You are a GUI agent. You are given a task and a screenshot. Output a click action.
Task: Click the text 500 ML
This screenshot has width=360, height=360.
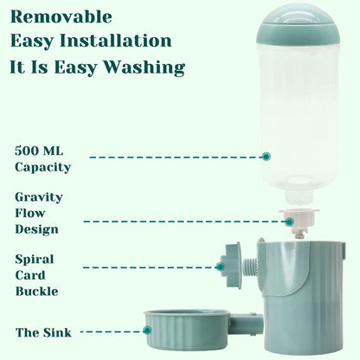click(39, 150)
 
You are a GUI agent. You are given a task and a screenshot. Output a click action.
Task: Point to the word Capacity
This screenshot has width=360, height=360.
click(42, 166)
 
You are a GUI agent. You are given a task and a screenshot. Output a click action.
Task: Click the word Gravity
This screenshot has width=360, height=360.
click(39, 196)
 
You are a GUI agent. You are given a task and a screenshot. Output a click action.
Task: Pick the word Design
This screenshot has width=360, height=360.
click(36, 229)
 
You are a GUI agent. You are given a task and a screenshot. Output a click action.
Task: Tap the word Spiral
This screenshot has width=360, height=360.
click(35, 259)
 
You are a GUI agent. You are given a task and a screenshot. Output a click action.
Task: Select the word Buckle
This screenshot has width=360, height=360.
click(37, 291)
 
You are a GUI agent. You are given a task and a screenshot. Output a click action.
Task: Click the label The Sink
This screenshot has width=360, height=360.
click(43, 332)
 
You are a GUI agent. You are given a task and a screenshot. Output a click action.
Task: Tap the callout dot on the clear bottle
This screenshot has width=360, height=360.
click(267, 157)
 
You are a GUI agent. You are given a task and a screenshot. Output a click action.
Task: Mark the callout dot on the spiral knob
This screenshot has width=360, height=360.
click(221, 267)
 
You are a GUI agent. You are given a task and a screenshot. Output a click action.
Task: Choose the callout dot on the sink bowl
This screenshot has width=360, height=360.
click(148, 330)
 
